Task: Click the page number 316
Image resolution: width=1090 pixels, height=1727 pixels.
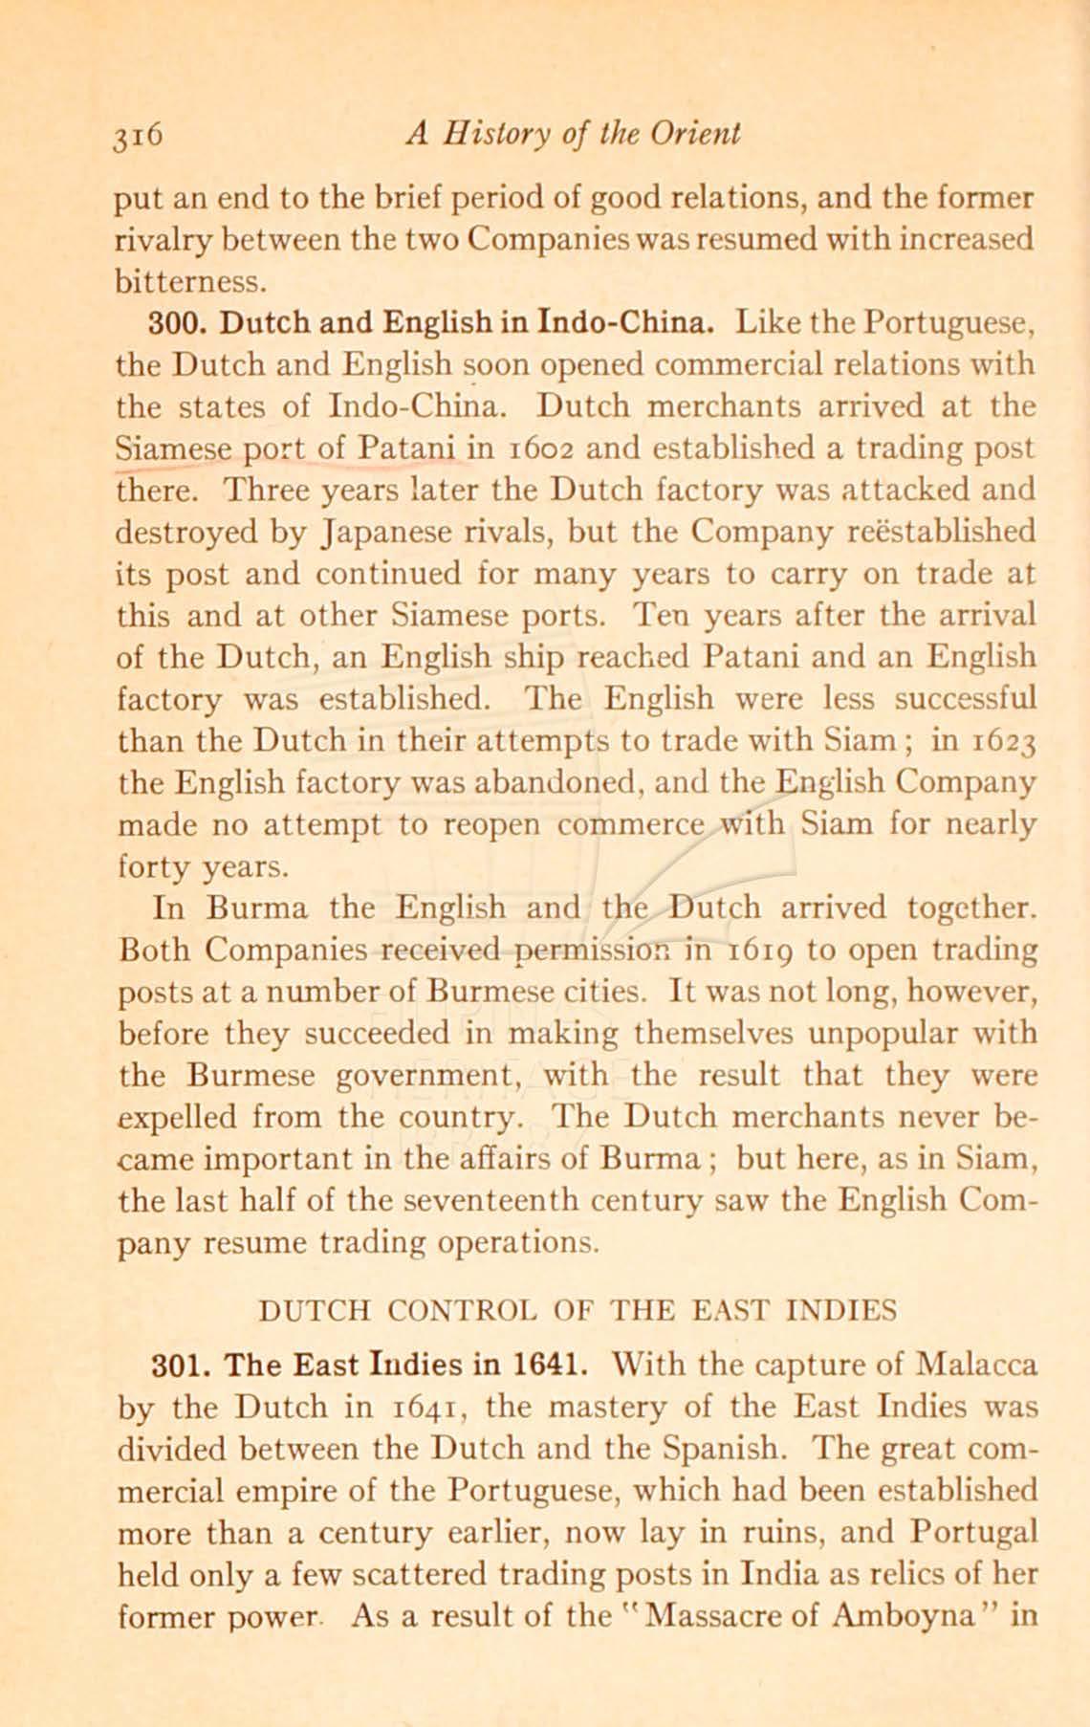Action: click(141, 133)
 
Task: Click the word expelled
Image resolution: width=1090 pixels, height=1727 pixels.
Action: click(180, 1116)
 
